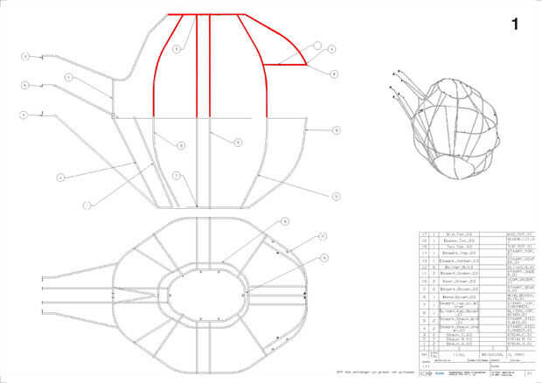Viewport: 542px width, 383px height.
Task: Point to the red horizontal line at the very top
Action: coord(210,15)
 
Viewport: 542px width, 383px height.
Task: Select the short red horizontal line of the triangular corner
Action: coord(285,65)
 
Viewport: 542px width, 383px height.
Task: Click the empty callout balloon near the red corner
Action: coord(318,43)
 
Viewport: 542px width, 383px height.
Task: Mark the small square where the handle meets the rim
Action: coord(114,115)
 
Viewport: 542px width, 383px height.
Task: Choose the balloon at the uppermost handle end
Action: coord(26,57)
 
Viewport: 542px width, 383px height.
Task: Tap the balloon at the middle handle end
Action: coord(26,85)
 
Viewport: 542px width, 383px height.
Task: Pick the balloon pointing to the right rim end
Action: coord(337,129)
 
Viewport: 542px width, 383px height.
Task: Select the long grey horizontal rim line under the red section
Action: coord(210,116)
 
